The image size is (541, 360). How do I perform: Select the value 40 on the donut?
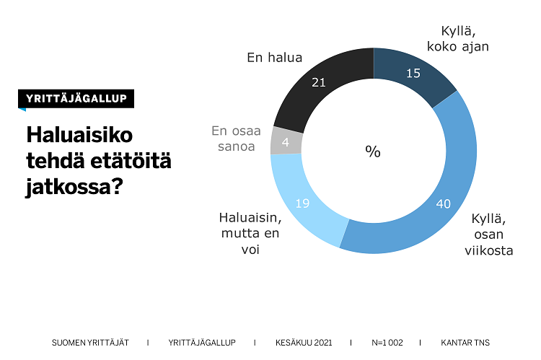[x=443, y=204]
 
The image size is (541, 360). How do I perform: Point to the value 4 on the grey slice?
[x=286, y=142]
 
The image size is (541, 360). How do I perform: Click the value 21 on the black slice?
[x=318, y=82]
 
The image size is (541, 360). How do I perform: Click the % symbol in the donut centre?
[x=372, y=152]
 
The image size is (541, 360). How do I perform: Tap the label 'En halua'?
[x=274, y=58]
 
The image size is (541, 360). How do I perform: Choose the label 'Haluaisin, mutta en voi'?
[x=249, y=233]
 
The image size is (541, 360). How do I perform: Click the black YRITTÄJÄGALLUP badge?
[x=76, y=100]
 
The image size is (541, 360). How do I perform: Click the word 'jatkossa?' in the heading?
[x=74, y=188]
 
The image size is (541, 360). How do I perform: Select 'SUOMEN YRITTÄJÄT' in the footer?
[x=89, y=342]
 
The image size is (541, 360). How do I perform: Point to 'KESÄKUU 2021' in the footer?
[x=303, y=342]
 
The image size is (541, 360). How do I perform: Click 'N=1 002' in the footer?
[x=387, y=342]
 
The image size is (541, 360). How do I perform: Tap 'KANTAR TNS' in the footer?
[x=465, y=342]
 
